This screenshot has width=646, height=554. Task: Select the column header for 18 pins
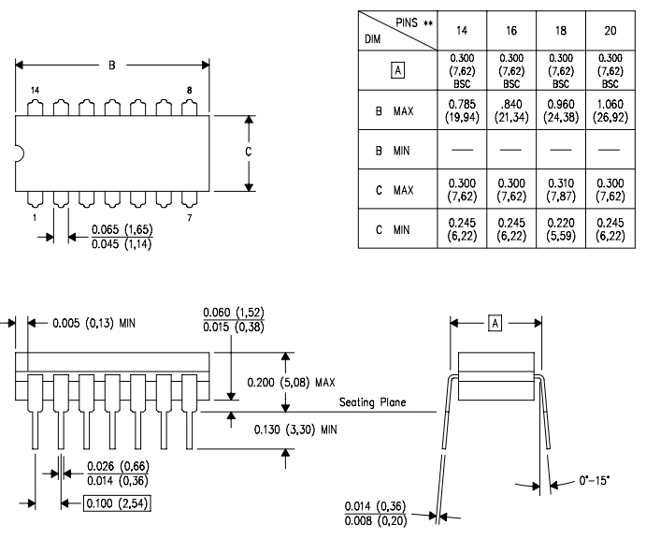(558, 30)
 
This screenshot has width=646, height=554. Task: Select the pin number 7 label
(191, 217)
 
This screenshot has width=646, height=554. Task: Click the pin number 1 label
(35, 217)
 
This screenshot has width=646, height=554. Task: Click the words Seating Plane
(376, 404)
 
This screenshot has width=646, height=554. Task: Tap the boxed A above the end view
(496, 323)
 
